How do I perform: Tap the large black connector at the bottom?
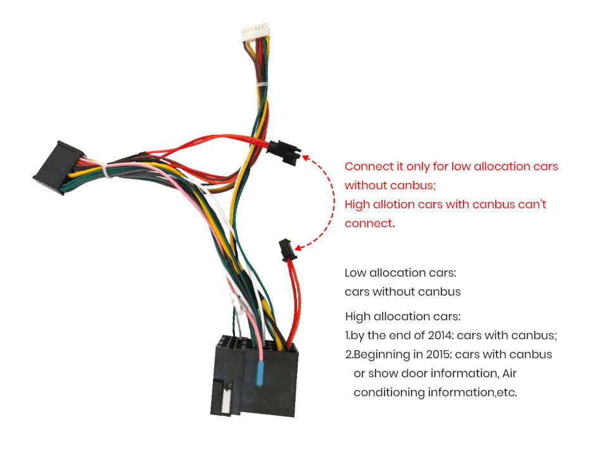255,376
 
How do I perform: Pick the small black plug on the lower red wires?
287,250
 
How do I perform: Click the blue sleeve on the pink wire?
260,373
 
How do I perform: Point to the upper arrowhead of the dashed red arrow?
306,158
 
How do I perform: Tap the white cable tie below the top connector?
263,84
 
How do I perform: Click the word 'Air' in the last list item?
509,373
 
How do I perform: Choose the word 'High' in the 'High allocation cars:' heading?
358,316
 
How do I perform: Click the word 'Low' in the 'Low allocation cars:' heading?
355,273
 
